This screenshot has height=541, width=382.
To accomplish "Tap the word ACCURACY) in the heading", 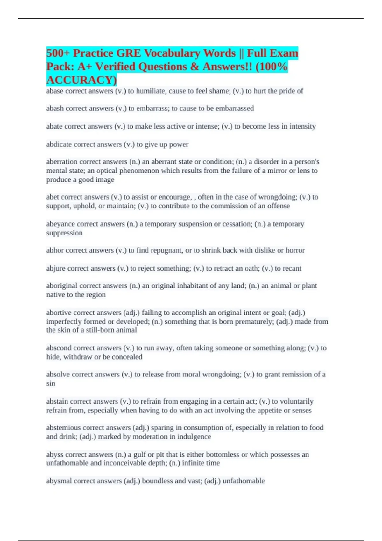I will point(81,80).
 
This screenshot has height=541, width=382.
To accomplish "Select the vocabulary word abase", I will point(54,91).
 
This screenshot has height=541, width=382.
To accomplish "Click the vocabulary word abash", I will point(55,109).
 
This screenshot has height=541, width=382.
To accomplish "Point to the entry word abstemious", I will point(62,428).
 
